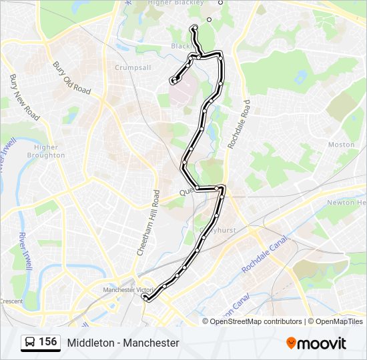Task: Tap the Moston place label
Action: point(341,144)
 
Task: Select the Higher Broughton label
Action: point(46,151)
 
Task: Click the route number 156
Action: point(48,342)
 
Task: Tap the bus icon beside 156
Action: point(30,343)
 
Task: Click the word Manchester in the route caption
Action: point(151,343)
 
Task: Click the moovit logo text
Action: point(322,343)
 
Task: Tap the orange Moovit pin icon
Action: point(292,343)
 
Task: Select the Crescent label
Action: point(11,301)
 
